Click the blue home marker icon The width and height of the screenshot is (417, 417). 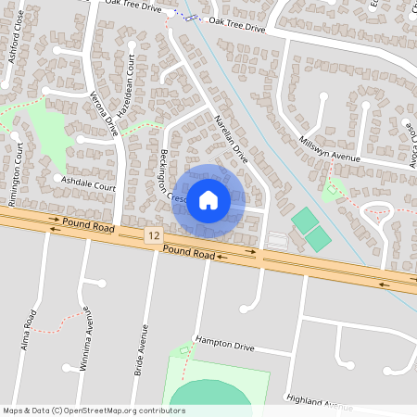pyautogui.click(x=208, y=200)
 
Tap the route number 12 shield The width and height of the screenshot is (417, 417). pyautogui.click(x=152, y=238)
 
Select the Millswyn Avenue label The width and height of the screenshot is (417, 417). pyautogui.click(x=329, y=149)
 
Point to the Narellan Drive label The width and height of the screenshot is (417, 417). pyautogui.click(x=233, y=140)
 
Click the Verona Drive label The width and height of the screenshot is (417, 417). pyautogui.click(x=105, y=107)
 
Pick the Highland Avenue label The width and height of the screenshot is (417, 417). pyautogui.click(x=321, y=403)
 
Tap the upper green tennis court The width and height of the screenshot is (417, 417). pyautogui.click(x=303, y=221)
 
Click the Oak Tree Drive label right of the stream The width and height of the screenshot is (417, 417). pyautogui.click(x=236, y=25)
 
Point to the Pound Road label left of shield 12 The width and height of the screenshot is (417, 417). pyautogui.click(x=90, y=225)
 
